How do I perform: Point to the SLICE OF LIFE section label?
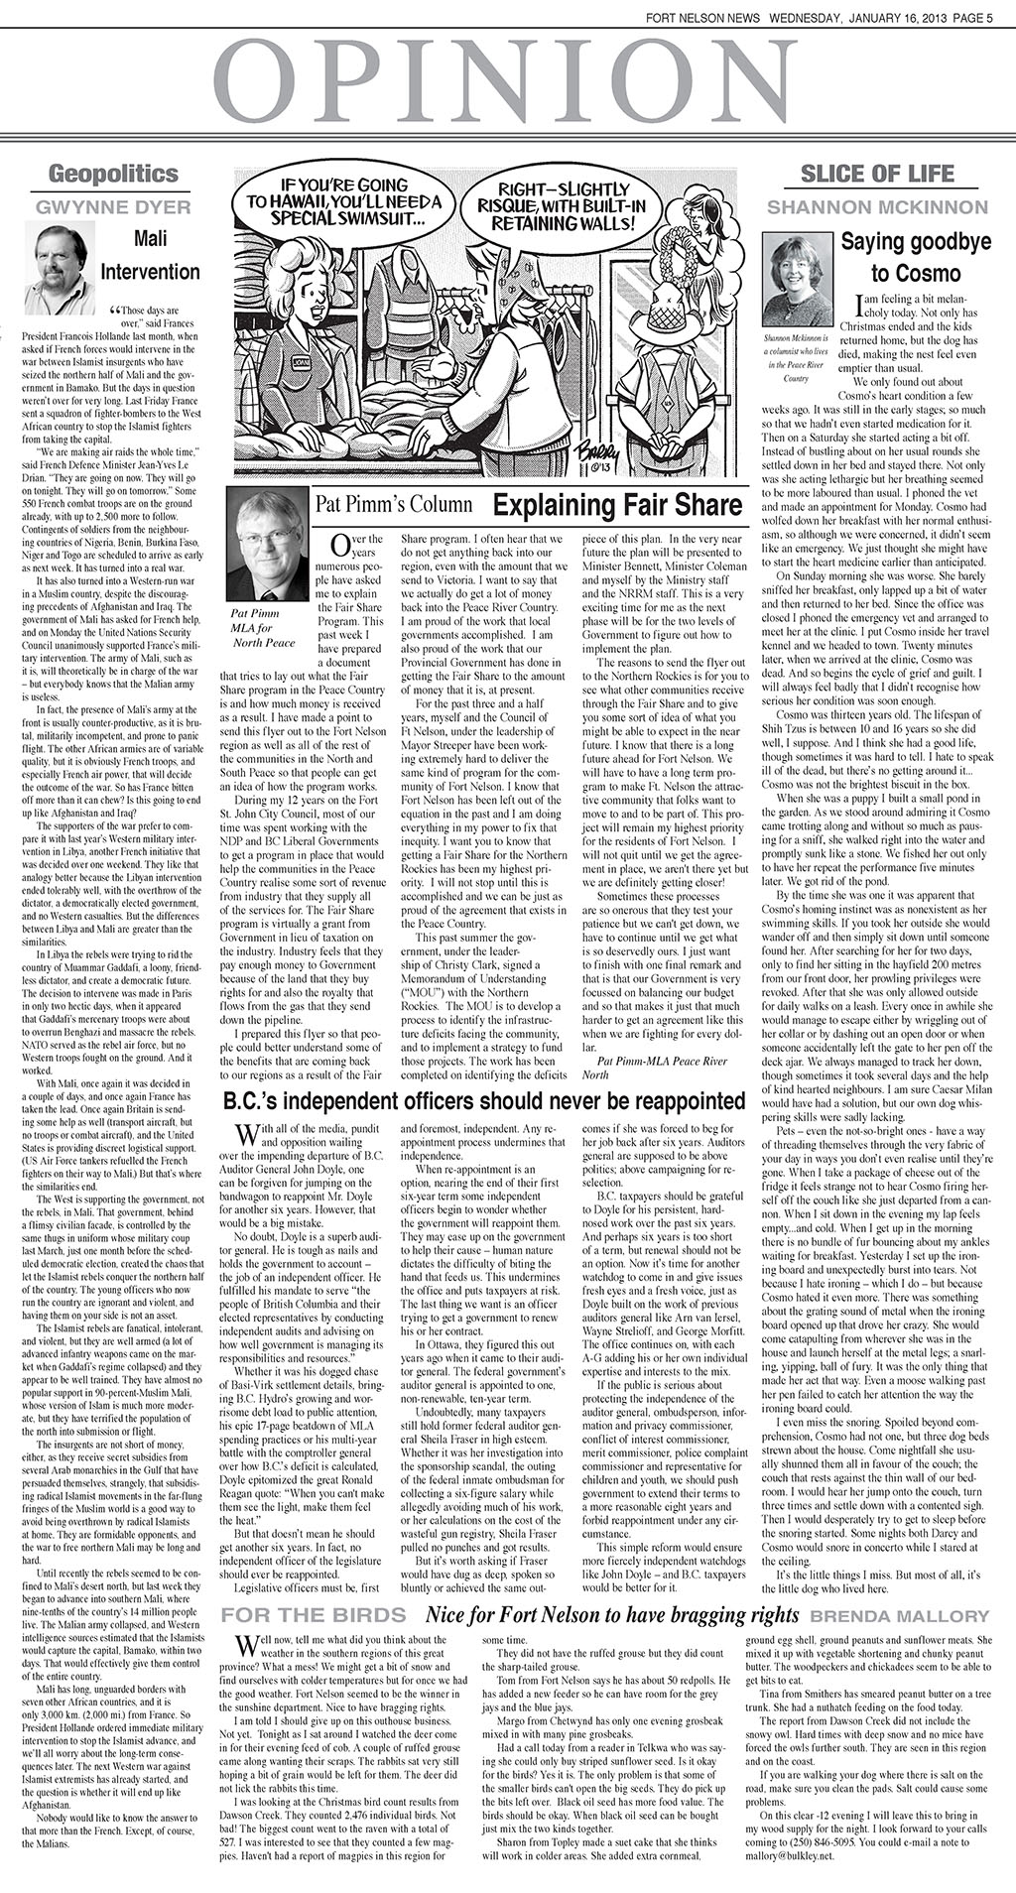(x=877, y=175)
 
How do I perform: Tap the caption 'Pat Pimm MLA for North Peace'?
(x=263, y=627)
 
